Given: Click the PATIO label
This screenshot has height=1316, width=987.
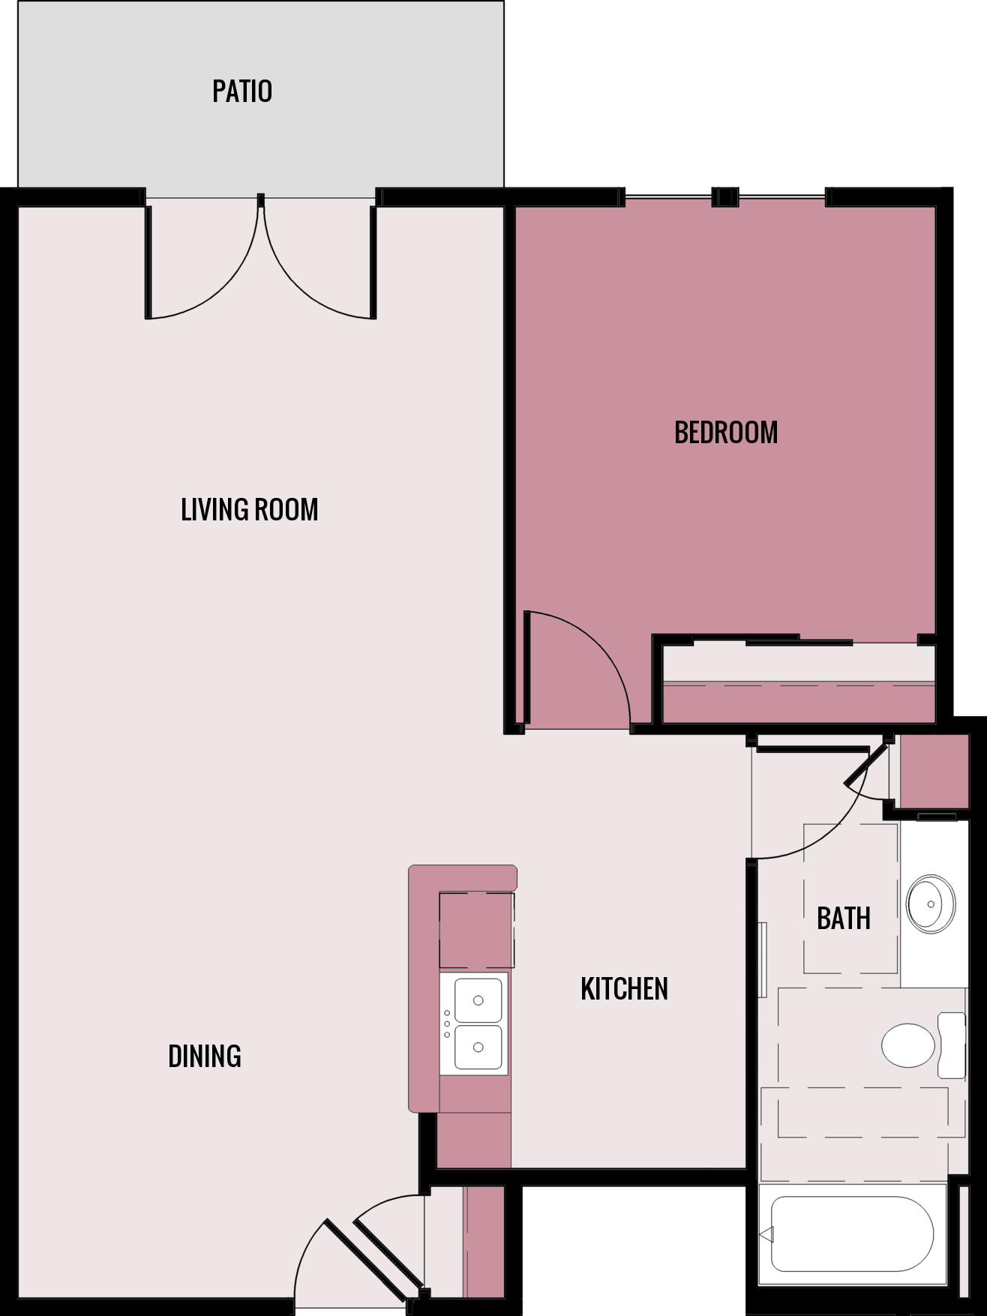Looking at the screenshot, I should pos(241,91).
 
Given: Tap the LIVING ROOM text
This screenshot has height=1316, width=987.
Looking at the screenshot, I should pos(249,510).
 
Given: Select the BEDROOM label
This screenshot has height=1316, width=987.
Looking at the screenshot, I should pos(726,433).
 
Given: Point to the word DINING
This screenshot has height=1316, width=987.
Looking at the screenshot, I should pos(204,1057).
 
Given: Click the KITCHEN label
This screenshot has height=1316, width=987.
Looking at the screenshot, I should pos(624,989).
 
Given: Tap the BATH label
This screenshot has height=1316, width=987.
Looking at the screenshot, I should pos(843,919).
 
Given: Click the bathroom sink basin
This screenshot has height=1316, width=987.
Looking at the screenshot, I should pos(931,904).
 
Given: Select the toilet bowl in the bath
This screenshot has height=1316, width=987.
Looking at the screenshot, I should pos(907,1045).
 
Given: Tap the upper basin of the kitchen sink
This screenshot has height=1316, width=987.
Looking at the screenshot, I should pos(478,1000).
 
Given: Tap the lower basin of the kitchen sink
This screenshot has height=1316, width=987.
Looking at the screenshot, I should pos(478,1048).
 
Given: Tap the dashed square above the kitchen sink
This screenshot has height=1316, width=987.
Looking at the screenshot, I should pos(476,930).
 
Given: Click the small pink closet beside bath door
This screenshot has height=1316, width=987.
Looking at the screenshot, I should pos(934,772).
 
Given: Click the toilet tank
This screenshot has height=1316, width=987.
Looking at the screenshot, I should pos(952,1045).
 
